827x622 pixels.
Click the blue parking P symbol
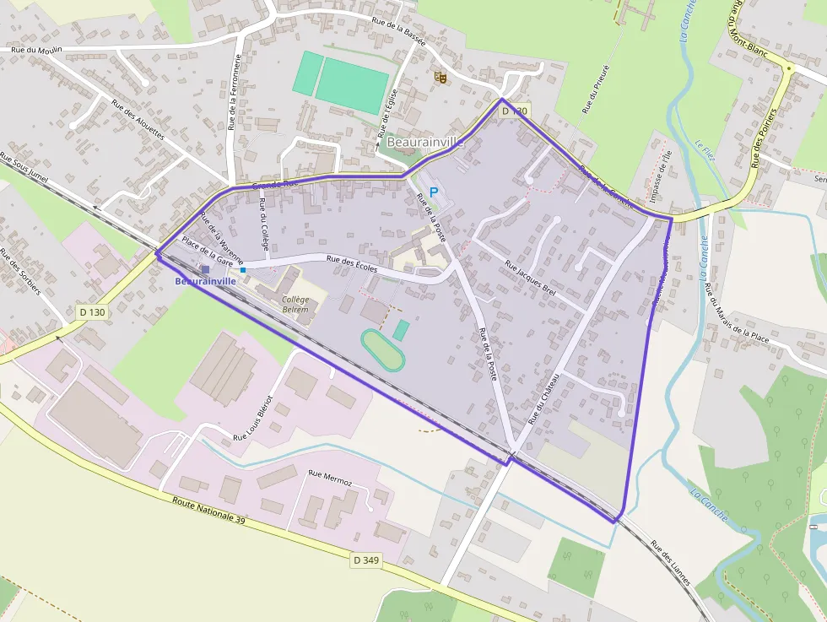pyautogui.click(x=434, y=192)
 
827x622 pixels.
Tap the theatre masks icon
pyautogui.click(x=439, y=78)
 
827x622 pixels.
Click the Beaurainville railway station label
pyautogui.click(x=205, y=281)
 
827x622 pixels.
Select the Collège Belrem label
pyautogui.click(x=295, y=305)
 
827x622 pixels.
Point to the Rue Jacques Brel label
pyautogui.click(x=531, y=278)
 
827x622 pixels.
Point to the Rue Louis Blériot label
pyautogui.click(x=253, y=418)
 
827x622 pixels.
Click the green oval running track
pyautogui.click(x=383, y=349)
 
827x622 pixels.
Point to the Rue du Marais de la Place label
pyautogui.click(x=737, y=313)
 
